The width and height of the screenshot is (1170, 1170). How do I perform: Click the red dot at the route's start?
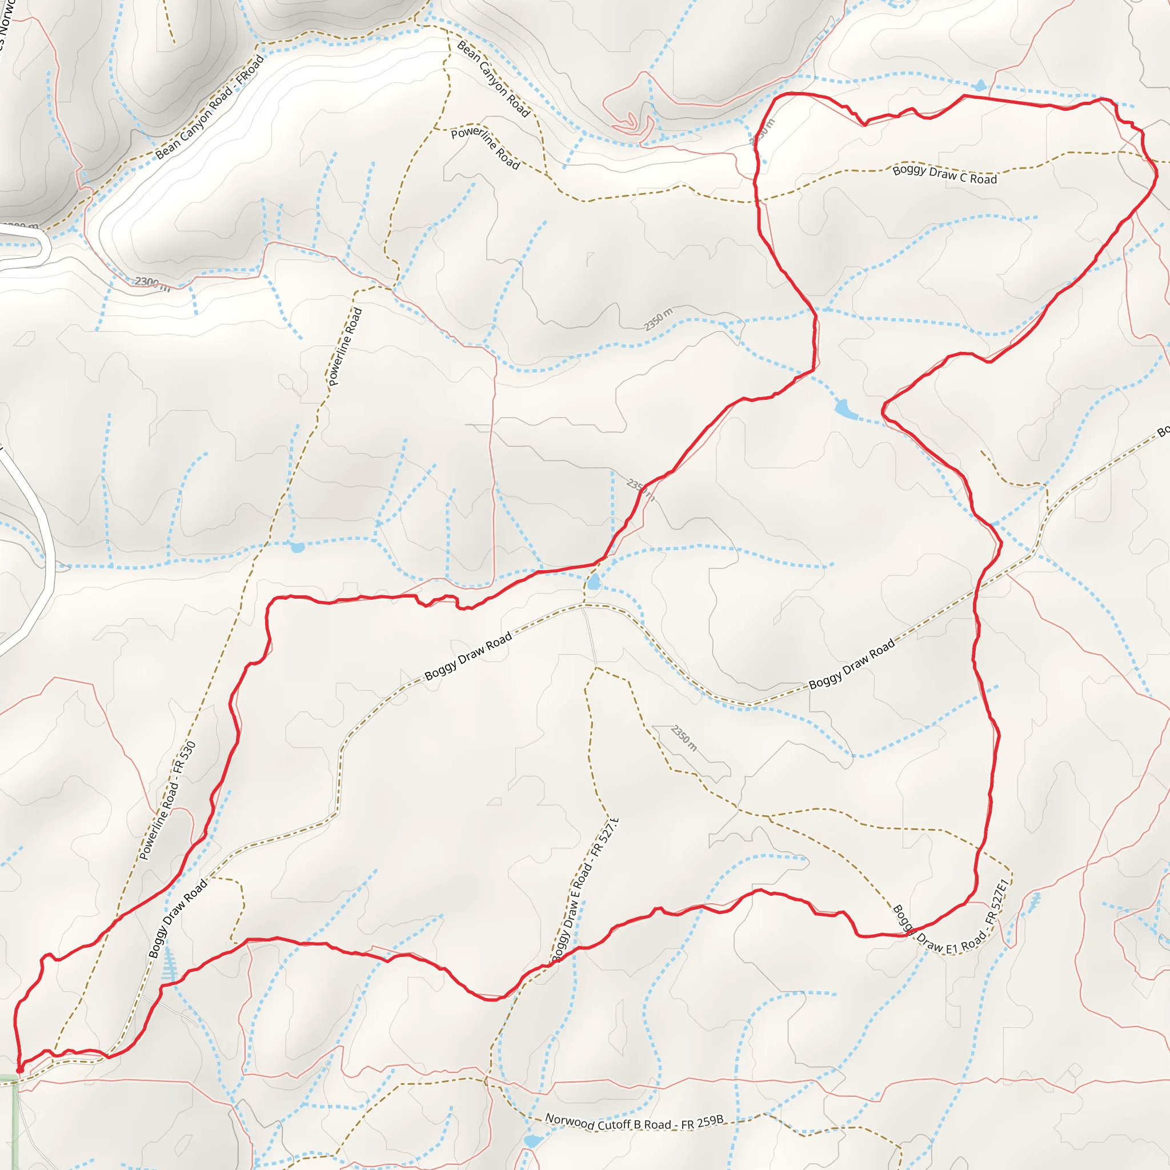coord(20,1070)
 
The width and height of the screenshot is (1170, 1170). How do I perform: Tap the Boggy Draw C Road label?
coord(945,174)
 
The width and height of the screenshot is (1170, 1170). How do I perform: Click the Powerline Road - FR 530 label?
coord(168,800)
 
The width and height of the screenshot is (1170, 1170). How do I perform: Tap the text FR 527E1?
coord(996,902)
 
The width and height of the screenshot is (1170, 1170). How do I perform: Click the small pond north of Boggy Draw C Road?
coord(980,85)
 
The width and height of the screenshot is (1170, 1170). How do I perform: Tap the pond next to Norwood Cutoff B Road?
coord(533,1141)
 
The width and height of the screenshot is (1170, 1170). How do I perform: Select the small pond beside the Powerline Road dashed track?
coord(297,547)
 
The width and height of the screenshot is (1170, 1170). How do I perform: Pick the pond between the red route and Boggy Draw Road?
coord(594,583)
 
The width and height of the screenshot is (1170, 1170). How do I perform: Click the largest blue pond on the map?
coord(846,410)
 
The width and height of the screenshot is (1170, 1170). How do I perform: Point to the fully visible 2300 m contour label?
coord(152,283)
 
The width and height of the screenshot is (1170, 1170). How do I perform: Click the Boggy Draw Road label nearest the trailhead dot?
coord(178,919)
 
